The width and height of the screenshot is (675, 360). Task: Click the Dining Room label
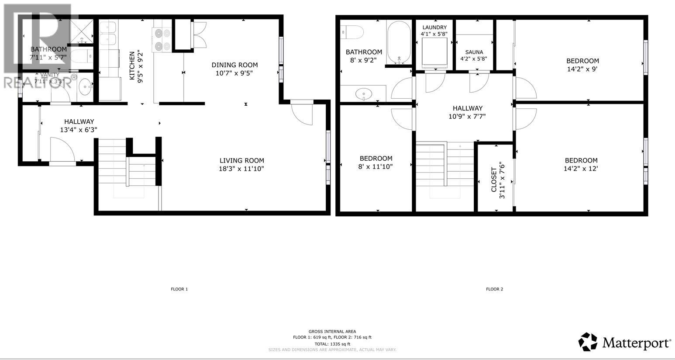pyautogui.click(x=234, y=65)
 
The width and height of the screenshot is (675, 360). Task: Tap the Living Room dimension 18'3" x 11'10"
pyautogui.click(x=241, y=169)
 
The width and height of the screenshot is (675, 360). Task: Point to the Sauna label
pyautogui.click(x=474, y=52)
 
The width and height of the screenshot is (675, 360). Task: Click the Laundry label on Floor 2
pyautogui.click(x=434, y=27)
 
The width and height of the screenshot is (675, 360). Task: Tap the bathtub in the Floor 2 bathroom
pyautogui.click(x=399, y=42)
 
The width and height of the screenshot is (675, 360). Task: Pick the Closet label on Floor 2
pyautogui.click(x=494, y=180)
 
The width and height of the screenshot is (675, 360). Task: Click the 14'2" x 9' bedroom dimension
pyautogui.click(x=582, y=69)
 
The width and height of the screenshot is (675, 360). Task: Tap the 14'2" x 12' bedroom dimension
pyautogui.click(x=581, y=169)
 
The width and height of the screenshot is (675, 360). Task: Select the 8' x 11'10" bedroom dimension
pyautogui.click(x=376, y=166)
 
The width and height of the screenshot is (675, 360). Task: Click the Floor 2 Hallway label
pyautogui.click(x=467, y=108)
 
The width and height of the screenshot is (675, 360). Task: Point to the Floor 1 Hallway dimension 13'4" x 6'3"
pyautogui.click(x=79, y=130)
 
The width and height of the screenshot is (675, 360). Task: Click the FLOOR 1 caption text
pyautogui.click(x=179, y=289)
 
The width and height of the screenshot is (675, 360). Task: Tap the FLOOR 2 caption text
pyautogui.click(x=495, y=289)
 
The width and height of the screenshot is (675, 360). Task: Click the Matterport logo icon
pyautogui.click(x=588, y=342)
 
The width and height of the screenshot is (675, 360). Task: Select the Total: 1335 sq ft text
pyautogui.click(x=332, y=344)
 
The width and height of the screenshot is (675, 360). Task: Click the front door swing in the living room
pyautogui.click(x=302, y=114)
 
